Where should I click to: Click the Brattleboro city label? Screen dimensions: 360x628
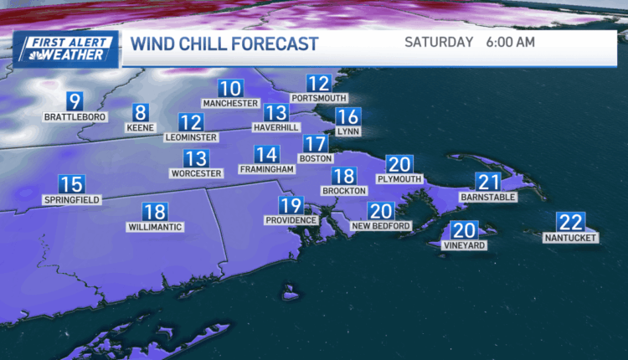[x=75, y=117]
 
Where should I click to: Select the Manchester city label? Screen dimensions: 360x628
[x=230, y=103]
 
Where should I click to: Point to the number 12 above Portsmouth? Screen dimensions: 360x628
[x=318, y=83]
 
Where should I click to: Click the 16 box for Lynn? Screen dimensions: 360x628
[x=347, y=117]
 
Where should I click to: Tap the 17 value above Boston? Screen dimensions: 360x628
[x=314, y=144]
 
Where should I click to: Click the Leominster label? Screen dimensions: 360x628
[x=191, y=136]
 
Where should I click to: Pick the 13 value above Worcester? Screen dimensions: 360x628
[x=196, y=158]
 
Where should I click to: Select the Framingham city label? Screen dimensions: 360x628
[x=267, y=169]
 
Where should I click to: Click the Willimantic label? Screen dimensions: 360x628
[x=155, y=227]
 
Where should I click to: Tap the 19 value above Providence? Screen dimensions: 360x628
[x=291, y=205]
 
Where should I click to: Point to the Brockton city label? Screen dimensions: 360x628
[x=344, y=191]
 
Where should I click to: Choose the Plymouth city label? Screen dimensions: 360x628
[x=399, y=178]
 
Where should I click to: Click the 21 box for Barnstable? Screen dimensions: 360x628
[x=487, y=183]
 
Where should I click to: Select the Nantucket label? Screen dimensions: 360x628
[x=570, y=238]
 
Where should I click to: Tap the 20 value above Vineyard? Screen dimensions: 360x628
[x=464, y=231]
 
